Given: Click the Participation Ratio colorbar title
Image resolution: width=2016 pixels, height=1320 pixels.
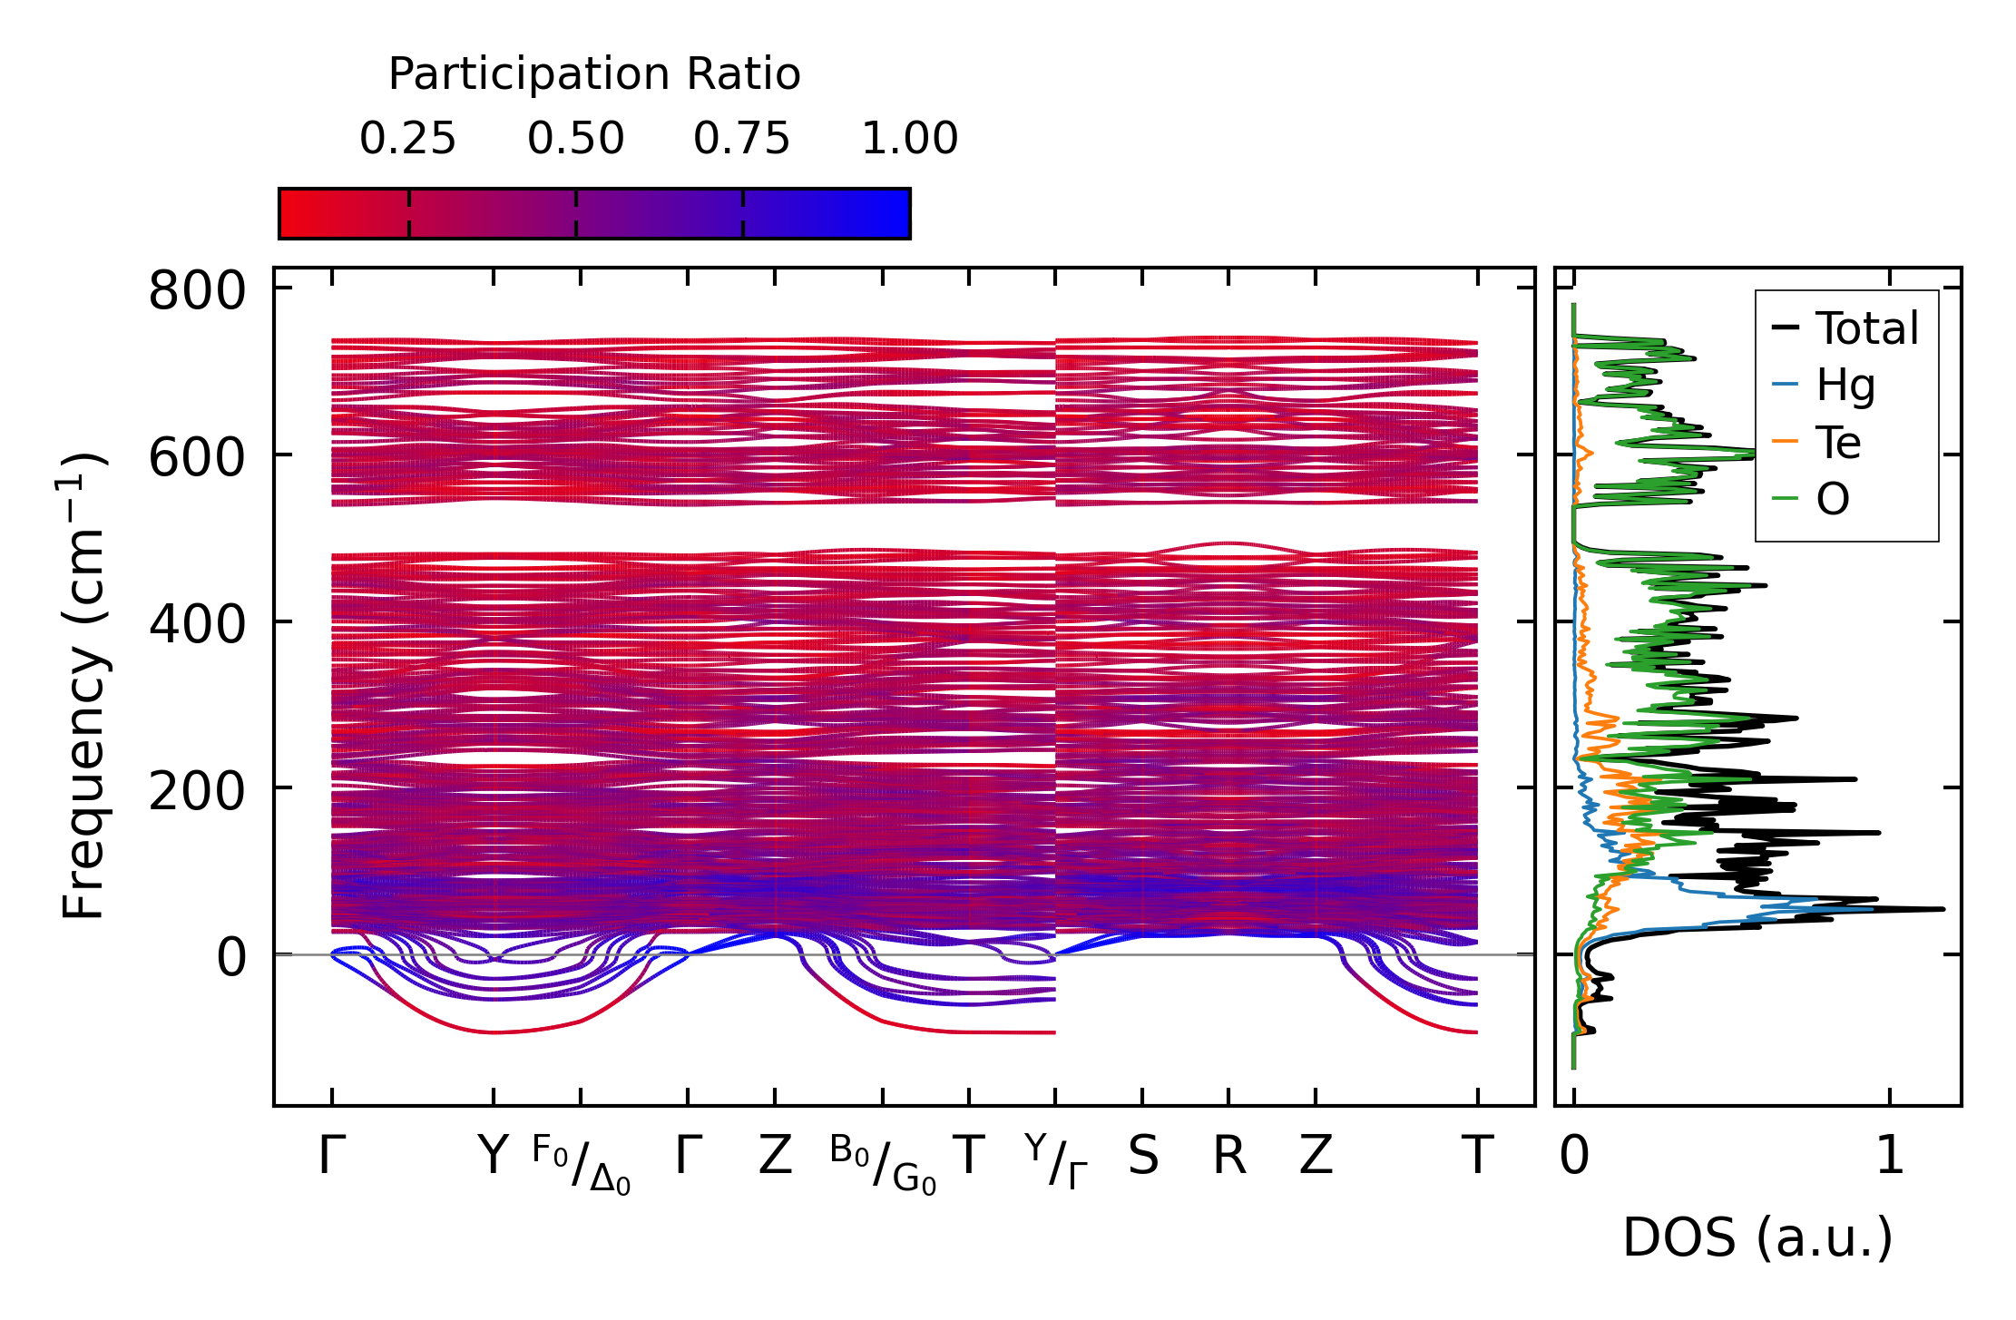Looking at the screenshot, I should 594,74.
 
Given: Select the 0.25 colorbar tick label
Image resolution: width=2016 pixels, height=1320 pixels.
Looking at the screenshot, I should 407,140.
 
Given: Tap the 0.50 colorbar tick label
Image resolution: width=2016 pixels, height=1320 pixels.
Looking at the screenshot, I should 576,140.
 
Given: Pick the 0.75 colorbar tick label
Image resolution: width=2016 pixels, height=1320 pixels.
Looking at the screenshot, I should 742,140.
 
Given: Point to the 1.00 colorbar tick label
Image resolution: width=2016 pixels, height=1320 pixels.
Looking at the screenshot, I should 909,140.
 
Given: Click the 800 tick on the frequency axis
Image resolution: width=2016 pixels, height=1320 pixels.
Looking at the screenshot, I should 197,292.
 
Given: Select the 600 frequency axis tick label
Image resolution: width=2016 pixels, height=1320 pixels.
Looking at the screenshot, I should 197,458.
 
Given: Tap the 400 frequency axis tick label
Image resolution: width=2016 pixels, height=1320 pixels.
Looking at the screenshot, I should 197,625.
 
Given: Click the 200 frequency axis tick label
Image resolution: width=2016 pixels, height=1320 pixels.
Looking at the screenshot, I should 197,791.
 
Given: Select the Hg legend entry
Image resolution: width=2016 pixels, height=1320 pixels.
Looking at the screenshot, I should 1845,386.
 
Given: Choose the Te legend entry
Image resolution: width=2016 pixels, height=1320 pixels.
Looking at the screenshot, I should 1838,443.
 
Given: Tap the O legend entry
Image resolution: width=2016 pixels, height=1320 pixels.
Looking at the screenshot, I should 1832,499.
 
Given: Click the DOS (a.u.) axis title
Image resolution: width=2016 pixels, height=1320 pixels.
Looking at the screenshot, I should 1757,1237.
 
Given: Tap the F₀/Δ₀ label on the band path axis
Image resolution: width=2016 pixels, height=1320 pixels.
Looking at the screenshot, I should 581,1164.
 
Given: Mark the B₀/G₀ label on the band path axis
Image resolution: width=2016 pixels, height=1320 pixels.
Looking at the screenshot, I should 882,1164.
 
